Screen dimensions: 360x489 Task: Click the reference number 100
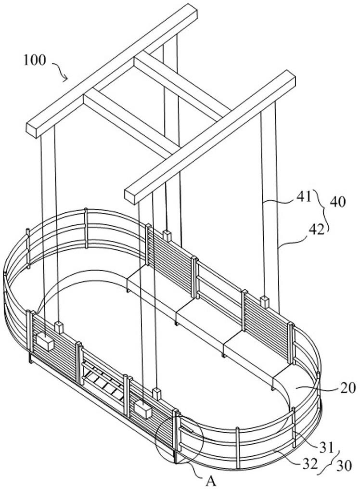tap(35, 60)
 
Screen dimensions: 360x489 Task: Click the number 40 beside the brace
tap(338, 202)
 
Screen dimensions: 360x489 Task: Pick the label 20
tap(347, 388)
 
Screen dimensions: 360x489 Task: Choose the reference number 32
tap(310, 464)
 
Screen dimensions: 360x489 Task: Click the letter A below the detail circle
tap(212, 481)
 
